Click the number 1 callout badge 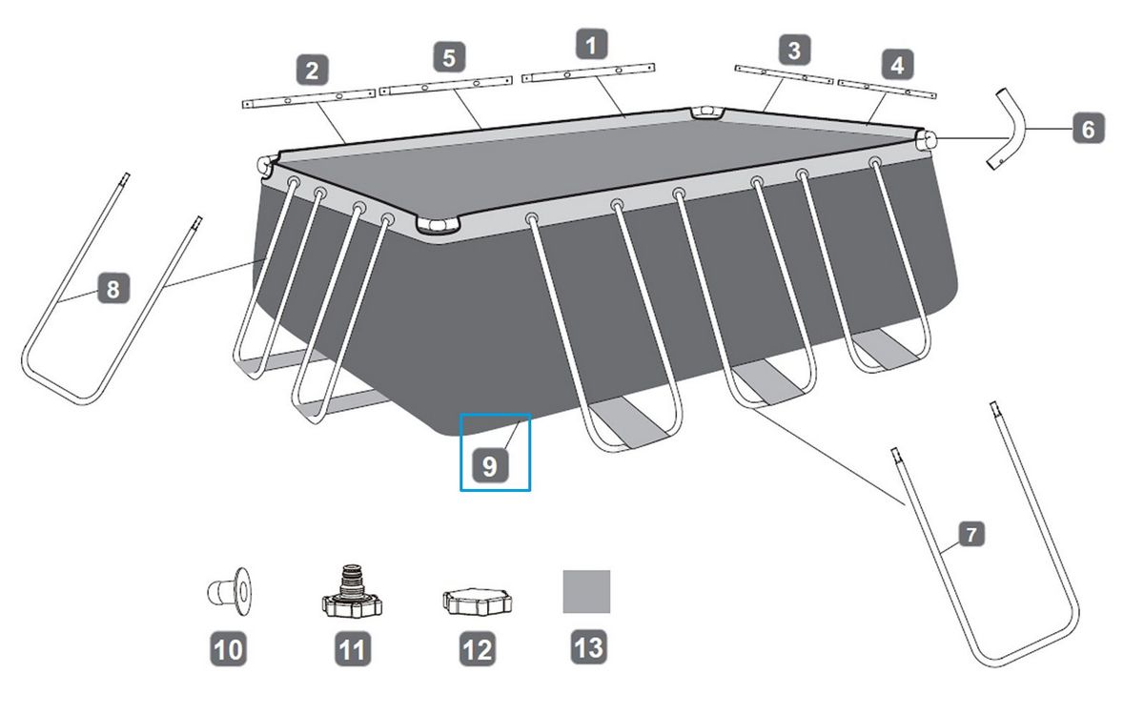592,45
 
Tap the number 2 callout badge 312,70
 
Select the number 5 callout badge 449,57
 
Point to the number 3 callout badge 795,50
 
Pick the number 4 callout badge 897,65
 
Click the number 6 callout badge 1089,128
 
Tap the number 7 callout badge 970,534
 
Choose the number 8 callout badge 113,289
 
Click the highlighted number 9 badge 490,466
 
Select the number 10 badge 228,649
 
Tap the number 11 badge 353,649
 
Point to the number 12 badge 478,649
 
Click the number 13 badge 589,647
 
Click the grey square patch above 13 586,591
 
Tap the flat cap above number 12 477,602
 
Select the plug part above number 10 230,591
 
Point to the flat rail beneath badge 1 588,72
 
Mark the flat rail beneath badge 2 309,98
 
